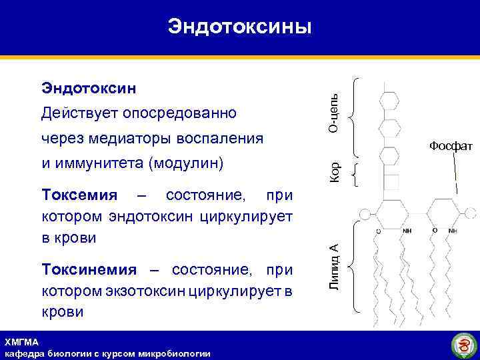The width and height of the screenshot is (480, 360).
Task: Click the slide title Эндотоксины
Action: tap(239, 26)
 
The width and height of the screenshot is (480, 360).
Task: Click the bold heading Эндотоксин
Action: tap(89, 87)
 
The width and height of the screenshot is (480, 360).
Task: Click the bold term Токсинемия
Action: tap(89, 270)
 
